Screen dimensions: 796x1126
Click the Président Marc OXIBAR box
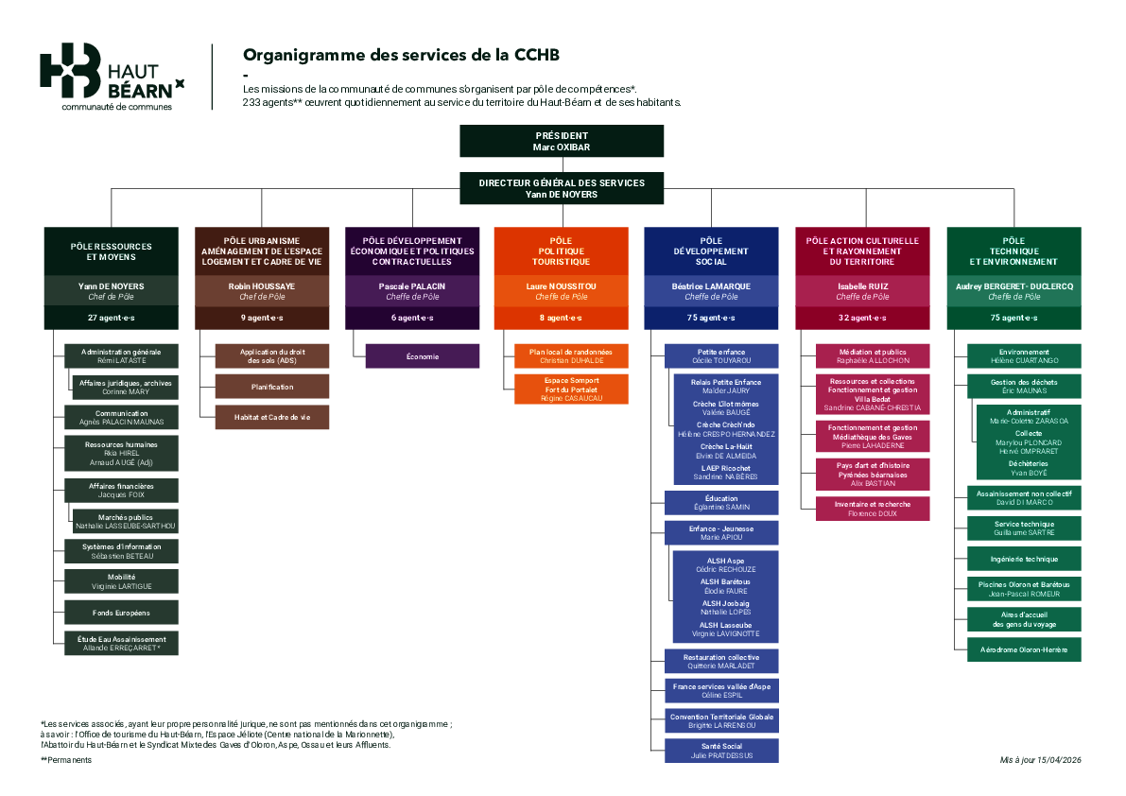(x=562, y=141)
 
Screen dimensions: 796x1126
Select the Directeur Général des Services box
(x=562, y=188)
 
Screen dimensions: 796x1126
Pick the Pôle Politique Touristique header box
(x=561, y=251)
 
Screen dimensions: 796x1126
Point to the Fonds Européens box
(x=121, y=613)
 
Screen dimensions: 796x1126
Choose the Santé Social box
(x=722, y=751)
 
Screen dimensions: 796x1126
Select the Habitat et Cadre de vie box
(x=272, y=417)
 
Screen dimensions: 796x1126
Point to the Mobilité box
(x=121, y=581)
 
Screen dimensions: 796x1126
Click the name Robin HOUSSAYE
(x=262, y=286)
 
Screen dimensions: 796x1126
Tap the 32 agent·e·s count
(x=862, y=318)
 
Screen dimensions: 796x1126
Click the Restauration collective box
(x=722, y=661)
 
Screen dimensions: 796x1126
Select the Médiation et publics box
(x=873, y=355)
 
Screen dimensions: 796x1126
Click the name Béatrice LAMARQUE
(x=711, y=286)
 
